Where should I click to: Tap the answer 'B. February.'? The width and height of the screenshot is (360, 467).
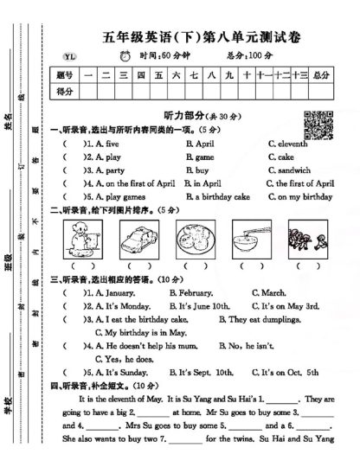[190, 292]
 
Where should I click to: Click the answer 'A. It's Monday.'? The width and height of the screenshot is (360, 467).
[120, 305]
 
